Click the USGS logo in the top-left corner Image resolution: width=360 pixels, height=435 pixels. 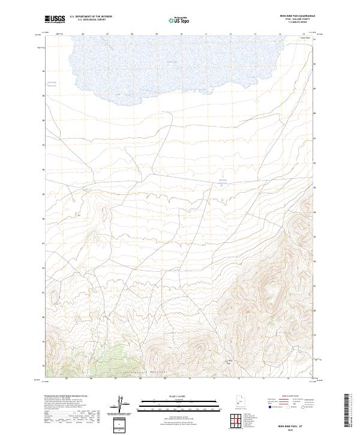(56, 19)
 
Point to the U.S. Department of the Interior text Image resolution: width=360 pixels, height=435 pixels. (91, 17)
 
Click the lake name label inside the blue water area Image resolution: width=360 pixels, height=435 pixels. (172, 62)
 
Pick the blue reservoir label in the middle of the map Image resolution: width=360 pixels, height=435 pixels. (223, 181)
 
